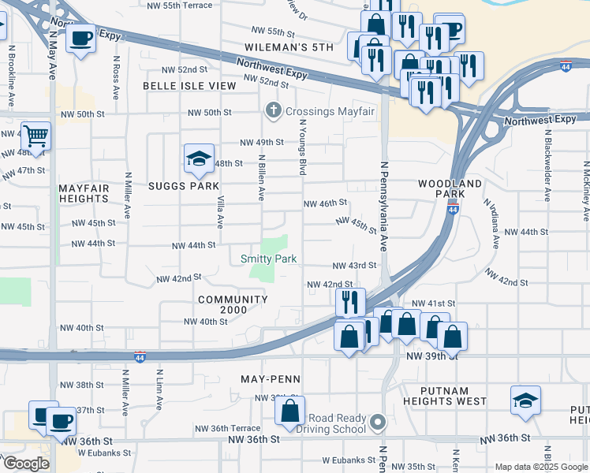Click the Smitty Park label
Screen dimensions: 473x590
268,259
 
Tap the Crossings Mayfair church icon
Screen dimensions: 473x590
273,111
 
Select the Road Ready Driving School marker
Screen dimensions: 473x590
378,423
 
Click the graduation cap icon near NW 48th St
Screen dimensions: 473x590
200,158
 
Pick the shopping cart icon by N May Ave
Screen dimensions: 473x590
35,136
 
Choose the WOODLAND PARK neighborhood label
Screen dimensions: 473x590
450,188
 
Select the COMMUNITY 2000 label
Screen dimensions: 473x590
233,305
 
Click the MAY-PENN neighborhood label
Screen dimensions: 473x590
271,378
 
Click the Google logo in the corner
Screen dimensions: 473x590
26,464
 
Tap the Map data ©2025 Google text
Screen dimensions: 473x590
540,467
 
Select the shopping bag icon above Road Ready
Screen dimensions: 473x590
290,410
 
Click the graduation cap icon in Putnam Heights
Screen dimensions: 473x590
525,400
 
